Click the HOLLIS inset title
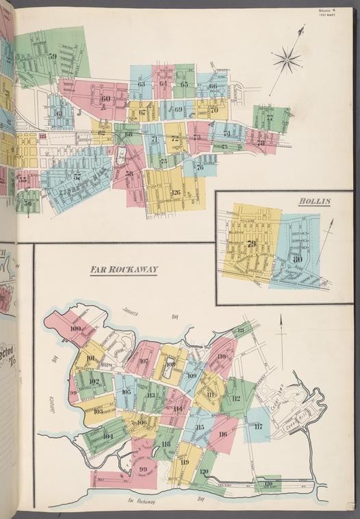(314, 202)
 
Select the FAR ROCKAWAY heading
(124, 270)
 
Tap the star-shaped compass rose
(287, 60)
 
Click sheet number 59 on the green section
(53, 56)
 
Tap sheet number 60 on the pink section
(105, 98)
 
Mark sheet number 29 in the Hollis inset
(252, 244)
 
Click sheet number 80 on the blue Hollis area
(297, 259)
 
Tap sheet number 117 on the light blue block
(257, 427)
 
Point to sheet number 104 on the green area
(107, 436)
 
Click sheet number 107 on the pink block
(144, 362)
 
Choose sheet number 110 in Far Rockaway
(221, 356)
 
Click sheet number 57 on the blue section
(77, 176)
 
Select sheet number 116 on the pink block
(222, 434)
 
